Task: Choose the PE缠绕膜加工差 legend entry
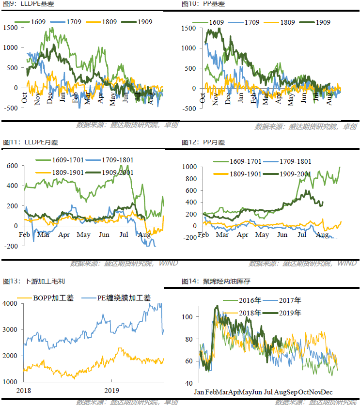coord(121,298)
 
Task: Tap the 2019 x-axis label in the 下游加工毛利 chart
coord(111,391)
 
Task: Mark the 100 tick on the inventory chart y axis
coord(189,316)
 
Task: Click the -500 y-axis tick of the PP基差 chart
coord(189,108)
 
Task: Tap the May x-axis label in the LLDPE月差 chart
coord(84,235)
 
